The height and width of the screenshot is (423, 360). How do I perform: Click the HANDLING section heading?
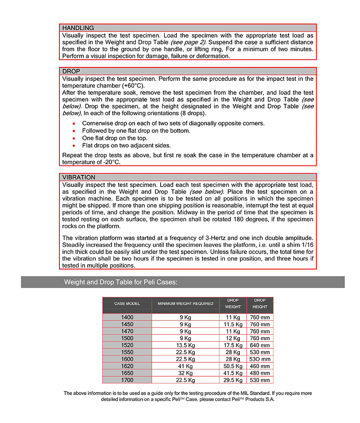point(78,28)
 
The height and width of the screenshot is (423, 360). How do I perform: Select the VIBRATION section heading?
point(79,178)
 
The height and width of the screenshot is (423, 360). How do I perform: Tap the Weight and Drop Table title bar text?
point(121,282)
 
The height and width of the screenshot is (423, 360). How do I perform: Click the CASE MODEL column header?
point(127,304)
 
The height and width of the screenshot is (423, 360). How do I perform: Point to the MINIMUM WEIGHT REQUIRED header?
point(185,304)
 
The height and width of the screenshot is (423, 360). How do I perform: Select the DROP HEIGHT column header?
point(260,303)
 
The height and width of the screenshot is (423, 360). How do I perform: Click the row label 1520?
point(127,345)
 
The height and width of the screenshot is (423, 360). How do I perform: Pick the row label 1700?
point(127,380)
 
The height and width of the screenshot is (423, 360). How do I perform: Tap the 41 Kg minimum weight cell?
point(185,366)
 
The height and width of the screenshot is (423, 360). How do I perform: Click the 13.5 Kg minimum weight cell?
point(185,345)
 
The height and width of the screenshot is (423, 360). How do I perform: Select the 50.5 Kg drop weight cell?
point(233,366)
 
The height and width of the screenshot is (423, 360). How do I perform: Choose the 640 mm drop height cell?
point(260,345)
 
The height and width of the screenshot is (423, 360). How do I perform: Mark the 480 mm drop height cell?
point(260,373)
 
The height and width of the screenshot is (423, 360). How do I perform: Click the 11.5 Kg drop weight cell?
point(233,324)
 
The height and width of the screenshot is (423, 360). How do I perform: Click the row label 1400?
point(127,317)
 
